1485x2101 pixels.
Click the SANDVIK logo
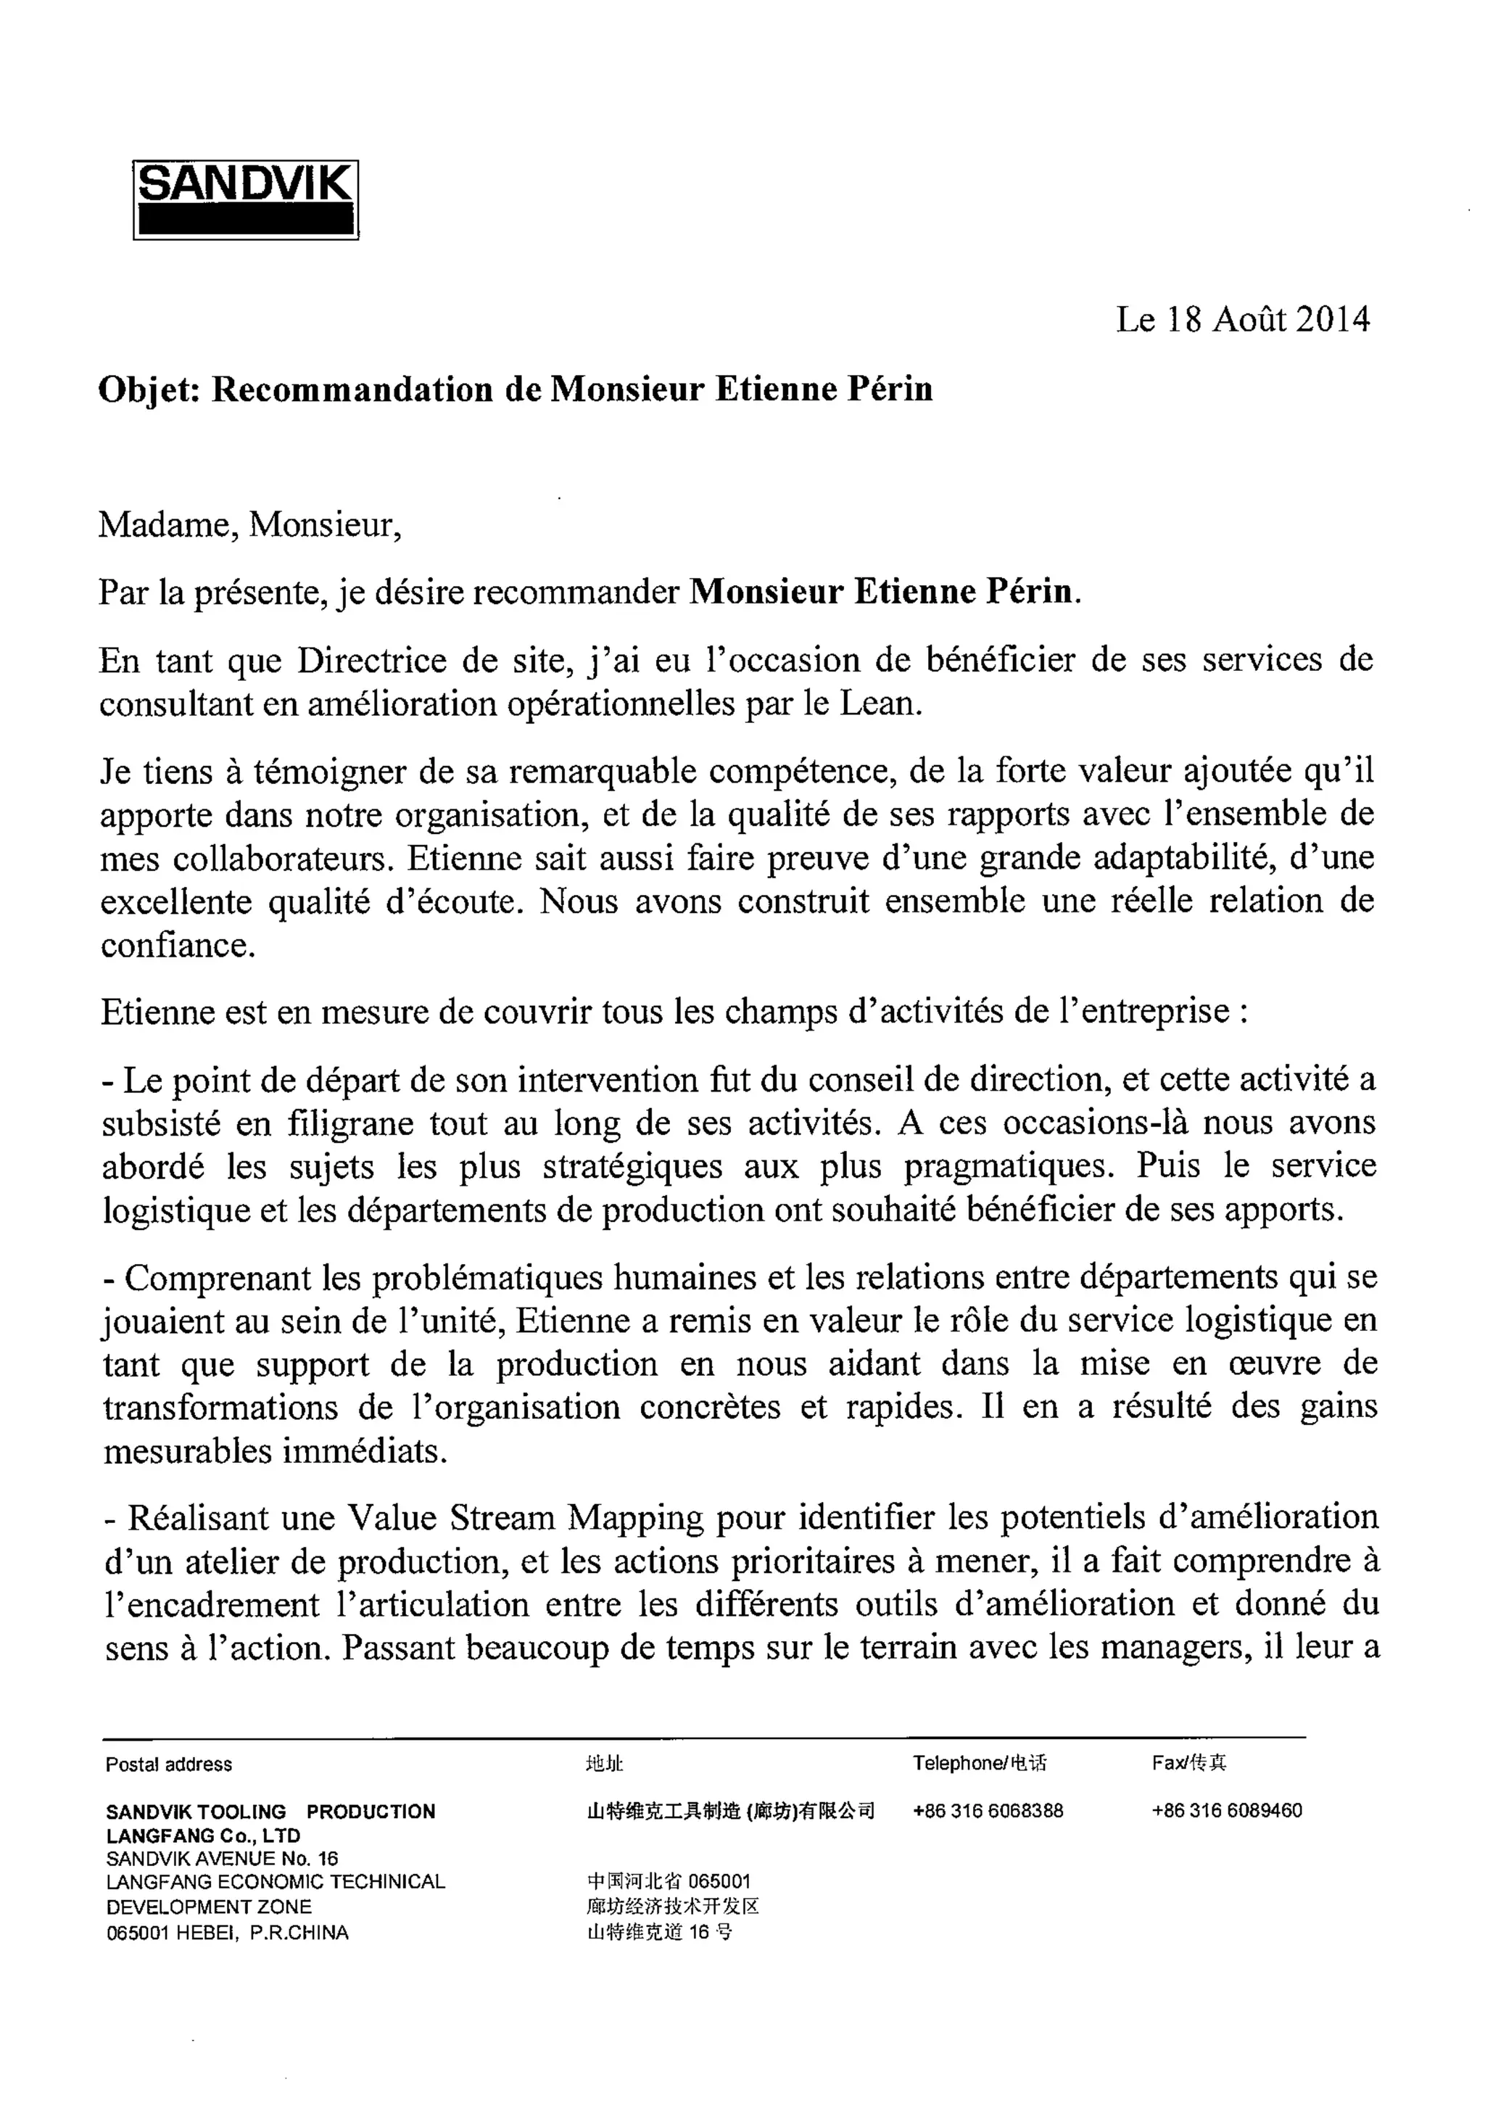[x=245, y=199]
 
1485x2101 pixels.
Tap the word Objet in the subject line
[x=148, y=390]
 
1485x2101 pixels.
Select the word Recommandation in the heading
[x=352, y=390]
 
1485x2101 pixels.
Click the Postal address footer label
[x=168, y=1764]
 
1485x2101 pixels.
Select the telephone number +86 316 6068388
[x=988, y=1810]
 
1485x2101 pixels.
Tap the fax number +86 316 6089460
[x=1226, y=1810]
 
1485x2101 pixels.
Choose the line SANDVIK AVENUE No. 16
[x=221, y=1859]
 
